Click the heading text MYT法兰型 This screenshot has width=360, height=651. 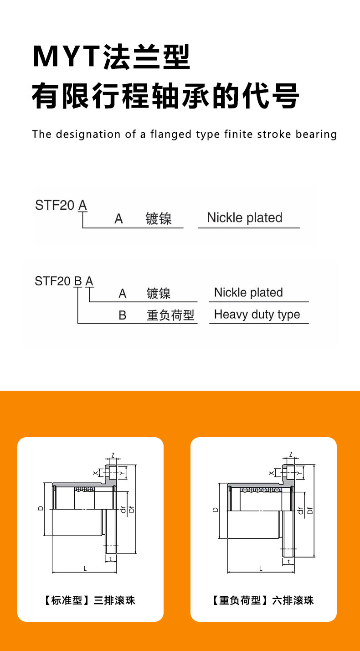pos(111,57)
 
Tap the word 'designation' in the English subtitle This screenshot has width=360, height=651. pos(88,134)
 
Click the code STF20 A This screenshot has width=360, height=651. pos(61,205)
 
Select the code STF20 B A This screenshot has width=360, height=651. pos(64,281)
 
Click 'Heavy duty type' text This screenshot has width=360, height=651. pos(257,315)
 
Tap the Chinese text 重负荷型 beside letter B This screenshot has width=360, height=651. pos(170,315)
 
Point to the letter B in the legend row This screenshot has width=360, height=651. pos(122,315)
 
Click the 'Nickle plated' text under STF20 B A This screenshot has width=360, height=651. pos(248,292)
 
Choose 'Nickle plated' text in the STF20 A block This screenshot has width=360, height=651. pos(245,217)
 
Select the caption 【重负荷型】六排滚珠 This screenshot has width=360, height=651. pos(263,600)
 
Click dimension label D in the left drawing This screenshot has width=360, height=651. pos(41,508)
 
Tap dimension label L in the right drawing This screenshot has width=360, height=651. pos(261,568)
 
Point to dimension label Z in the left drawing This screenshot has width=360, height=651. pos(113,455)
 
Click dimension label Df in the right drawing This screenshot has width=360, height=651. pos(310,511)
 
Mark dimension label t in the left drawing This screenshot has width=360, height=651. pos(110,558)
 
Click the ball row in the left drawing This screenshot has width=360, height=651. pos(84,490)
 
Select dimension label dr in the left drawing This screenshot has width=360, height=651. pos(123,510)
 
